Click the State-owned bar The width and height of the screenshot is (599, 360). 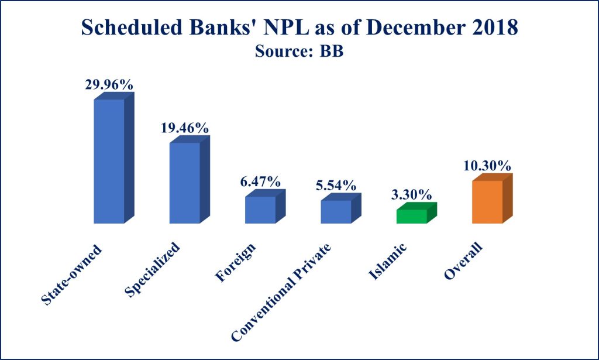[109, 161]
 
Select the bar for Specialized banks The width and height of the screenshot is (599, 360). [184, 183]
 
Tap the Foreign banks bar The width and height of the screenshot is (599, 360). [260, 210]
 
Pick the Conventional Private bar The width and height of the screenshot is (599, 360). [336, 211]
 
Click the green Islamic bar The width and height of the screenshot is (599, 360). [412, 216]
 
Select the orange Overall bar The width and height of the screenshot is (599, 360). [487, 201]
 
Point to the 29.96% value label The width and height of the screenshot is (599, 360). [109, 84]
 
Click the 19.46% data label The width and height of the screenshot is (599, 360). [185, 128]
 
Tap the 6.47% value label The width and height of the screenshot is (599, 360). [261, 181]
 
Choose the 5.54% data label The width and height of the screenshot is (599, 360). [336, 186]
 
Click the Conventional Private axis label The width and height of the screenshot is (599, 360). [281, 291]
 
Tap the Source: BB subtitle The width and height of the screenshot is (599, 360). [299, 51]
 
